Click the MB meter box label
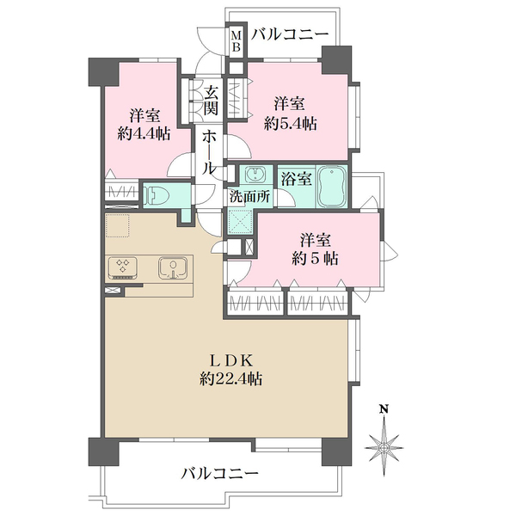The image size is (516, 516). (236, 40)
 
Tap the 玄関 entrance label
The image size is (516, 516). (211, 100)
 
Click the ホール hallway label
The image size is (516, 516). (209, 152)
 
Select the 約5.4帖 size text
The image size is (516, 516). (291, 125)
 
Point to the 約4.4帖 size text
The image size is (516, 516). (144, 134)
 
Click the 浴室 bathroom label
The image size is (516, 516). (297, 179)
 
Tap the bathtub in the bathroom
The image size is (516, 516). (333, 187)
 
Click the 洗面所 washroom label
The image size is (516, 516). (250, 196)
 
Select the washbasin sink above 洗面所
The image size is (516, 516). (255, 175)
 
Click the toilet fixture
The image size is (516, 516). (157, 195)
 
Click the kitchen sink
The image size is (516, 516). (174, 267)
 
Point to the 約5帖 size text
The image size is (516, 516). (315, 259)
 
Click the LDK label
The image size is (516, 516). (231, 361)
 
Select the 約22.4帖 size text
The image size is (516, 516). (231, 379)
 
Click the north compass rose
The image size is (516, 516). (384, 446)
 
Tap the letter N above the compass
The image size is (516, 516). (384, 409)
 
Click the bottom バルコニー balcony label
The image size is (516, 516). (220, 474)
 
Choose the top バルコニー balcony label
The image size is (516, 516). (290, 34)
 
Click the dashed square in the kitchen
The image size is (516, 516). (117, 225)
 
